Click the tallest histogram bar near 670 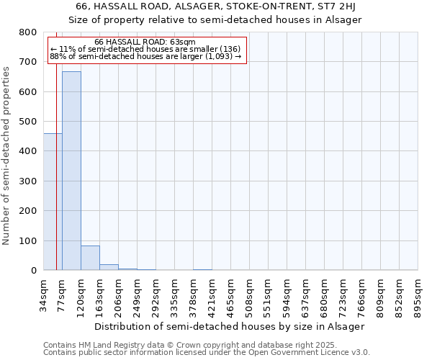pyautogui.click(x=71, y=171)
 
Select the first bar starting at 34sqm pyautogui.click(x=53, y=202)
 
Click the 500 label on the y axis pyautogui.click(x=28, y=122)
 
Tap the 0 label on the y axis pyautogui.click(x=34, y=271)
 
